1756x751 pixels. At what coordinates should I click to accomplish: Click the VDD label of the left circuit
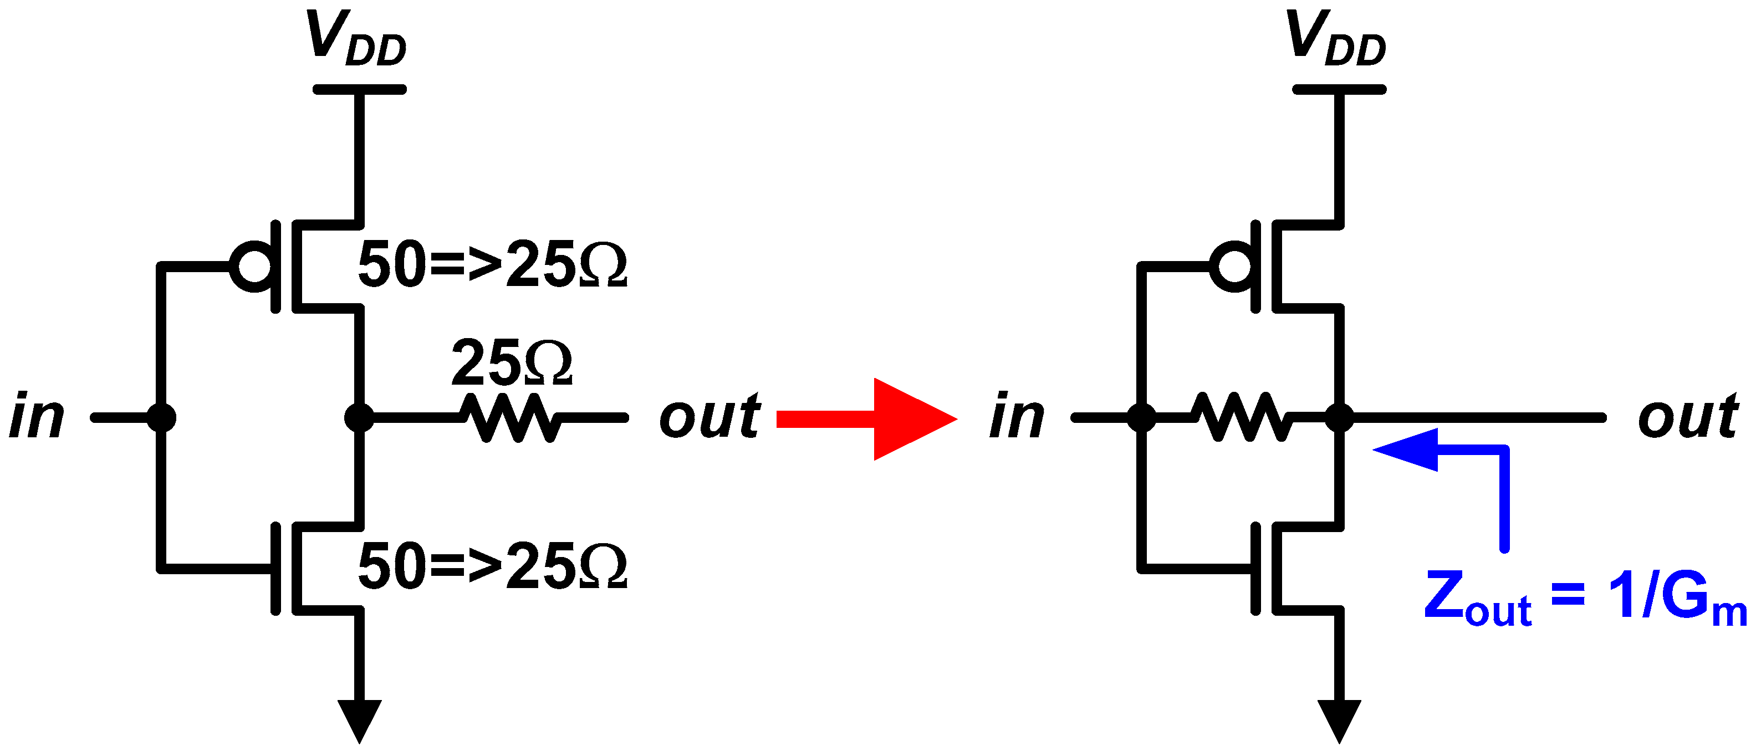[x=356, y=39]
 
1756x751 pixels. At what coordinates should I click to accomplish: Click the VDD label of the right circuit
[x=1335, y=39]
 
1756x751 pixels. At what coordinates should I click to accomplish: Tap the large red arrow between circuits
[x=879, y=418]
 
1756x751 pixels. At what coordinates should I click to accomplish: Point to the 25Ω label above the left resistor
[x=511, y=363]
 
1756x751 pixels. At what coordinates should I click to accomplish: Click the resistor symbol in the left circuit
[x=511, y=417]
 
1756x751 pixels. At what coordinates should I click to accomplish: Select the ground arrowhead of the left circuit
[x=359, y=719]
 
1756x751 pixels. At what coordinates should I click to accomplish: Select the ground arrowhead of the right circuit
[x=1340, y=719]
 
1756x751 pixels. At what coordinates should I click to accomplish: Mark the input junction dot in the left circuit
[x=161, y=417]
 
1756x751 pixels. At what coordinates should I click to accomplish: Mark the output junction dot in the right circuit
[x=1340, y=417]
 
